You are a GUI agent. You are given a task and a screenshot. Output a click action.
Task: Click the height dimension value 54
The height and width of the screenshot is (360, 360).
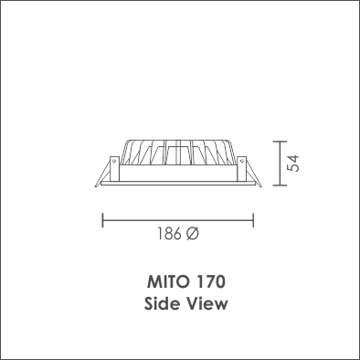click(293, 164)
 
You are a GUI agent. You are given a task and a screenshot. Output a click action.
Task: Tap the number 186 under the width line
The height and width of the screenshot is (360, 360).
click(169, 234)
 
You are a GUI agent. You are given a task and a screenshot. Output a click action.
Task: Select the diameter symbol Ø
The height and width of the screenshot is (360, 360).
click(192, 234)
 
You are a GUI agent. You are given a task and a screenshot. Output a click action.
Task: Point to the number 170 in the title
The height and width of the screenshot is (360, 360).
click(210, 281)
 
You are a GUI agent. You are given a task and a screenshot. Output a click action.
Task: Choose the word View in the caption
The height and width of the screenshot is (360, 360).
click(207, 303)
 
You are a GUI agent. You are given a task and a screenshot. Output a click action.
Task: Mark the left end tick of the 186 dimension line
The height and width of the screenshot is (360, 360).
click(102, 220)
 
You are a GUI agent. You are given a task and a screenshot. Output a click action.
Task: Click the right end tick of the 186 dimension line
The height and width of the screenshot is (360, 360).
click(253, 220)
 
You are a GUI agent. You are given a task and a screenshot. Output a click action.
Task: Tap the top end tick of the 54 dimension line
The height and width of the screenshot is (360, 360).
click(280, 142)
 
